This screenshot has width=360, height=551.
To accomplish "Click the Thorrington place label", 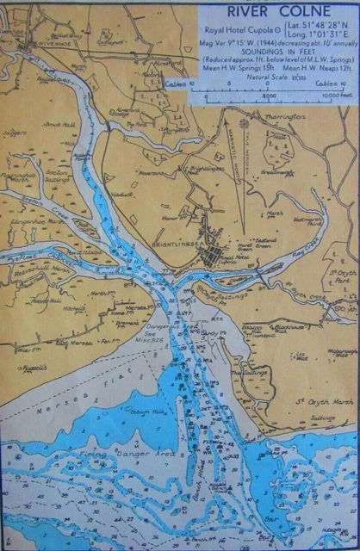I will pos(276,113).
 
